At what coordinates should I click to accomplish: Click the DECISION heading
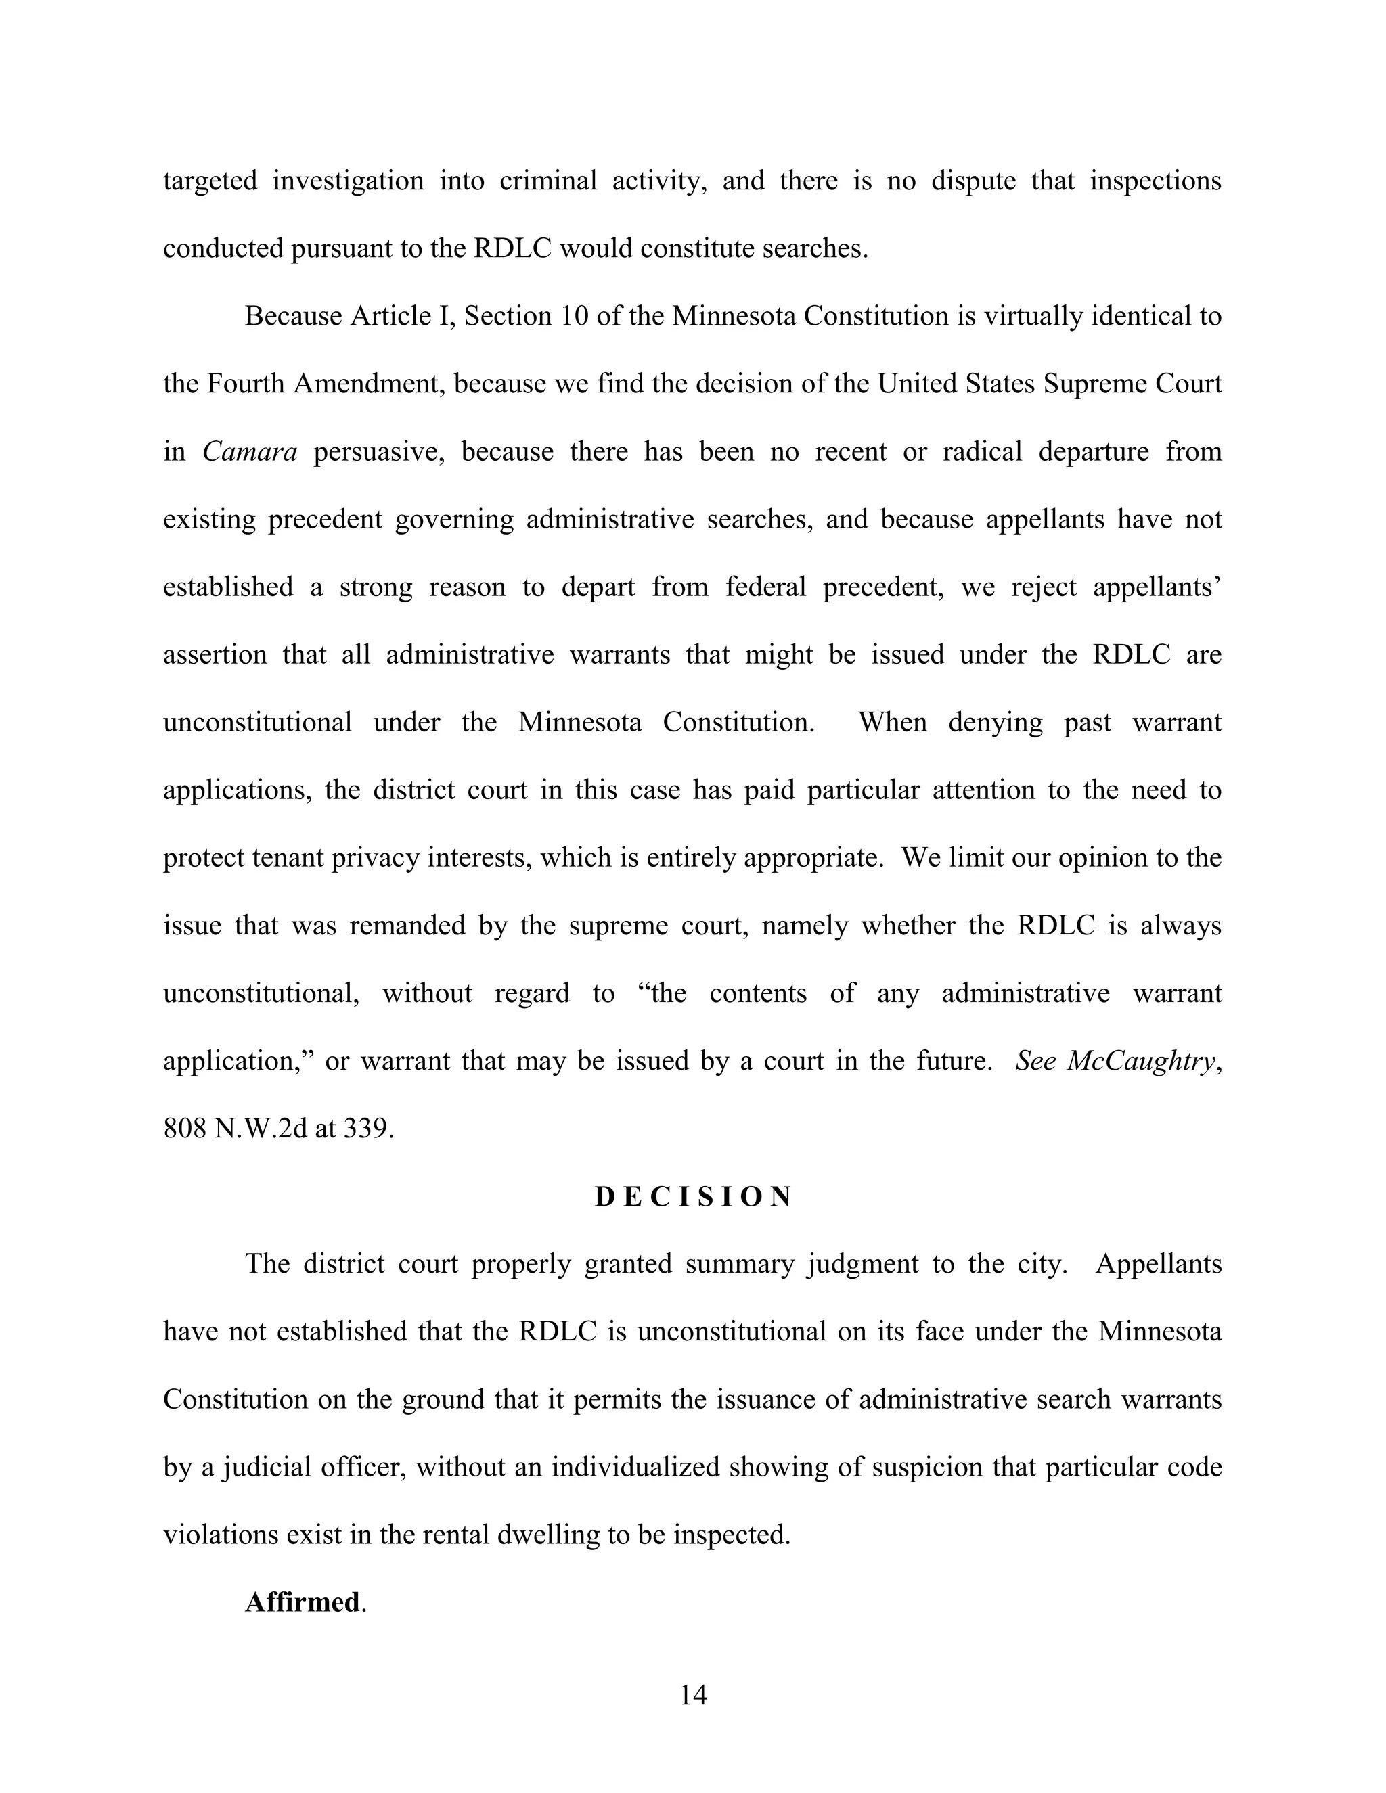pyautogui.click(x=693, y=1197)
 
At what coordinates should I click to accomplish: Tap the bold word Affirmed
pyautogui.click(x=302, y=1602)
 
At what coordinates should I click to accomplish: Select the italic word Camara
pyautogui.click(x=250, y=451)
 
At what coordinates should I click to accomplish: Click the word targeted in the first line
pyautogui.click(x=210, y=181)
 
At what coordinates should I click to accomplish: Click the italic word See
pyautogui.click(x=1035, y=1062)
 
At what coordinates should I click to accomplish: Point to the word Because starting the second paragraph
pyautogui.click(x=293, y=316)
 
